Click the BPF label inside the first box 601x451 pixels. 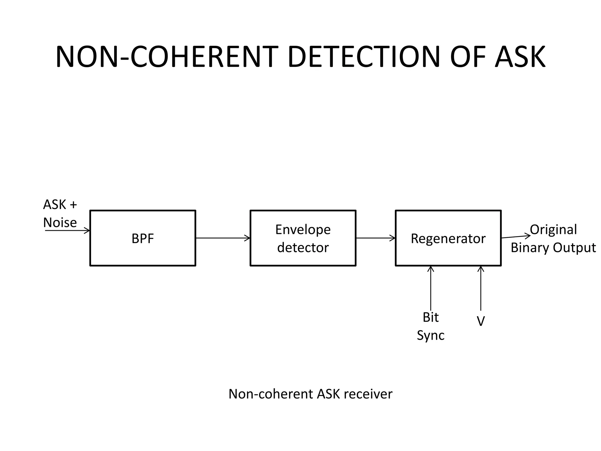143,238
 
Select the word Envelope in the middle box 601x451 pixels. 303,230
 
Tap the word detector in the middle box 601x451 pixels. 303,248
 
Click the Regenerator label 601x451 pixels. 448,238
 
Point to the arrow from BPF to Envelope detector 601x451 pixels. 223,238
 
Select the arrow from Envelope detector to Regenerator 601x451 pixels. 376,238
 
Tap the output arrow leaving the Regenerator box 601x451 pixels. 516,237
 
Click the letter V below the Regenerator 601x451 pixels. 481,321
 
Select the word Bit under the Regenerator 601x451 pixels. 431,317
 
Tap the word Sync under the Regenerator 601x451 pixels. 431,335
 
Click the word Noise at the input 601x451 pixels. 60,223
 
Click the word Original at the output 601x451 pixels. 553,230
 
